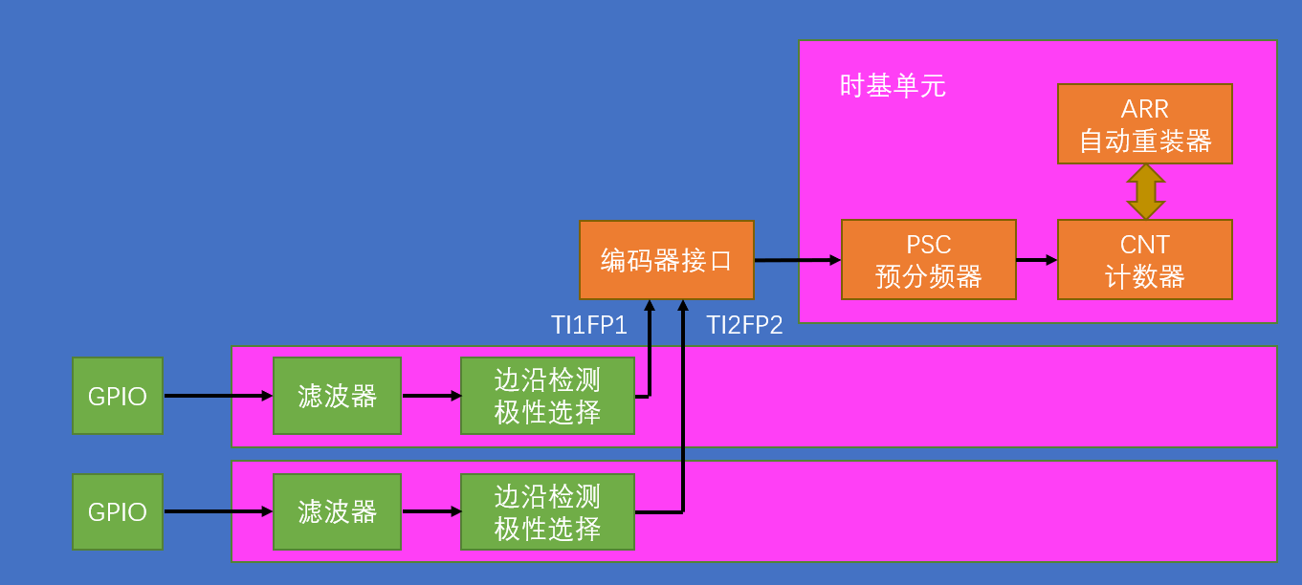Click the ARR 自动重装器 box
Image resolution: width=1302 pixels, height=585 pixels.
coord(1144,124)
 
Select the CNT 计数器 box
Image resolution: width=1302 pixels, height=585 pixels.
coord(1144,260)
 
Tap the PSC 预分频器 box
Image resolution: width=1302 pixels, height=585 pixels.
coord(928,260)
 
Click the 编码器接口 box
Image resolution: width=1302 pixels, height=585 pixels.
coord(666,260)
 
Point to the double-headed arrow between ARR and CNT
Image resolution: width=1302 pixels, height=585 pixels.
coord(1145,191)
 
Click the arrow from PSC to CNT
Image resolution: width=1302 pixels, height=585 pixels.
coord(1036,259)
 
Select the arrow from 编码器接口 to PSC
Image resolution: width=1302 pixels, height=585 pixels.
coord(797,259)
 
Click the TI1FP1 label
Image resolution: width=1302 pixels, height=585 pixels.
coord(589,326)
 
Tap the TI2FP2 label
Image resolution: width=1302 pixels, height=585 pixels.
coord(744,326)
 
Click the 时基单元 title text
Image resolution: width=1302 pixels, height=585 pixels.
coord(893,87)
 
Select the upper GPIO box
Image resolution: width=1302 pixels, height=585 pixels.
coord(118,396)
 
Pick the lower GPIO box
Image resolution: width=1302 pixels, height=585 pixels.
coord(118,512)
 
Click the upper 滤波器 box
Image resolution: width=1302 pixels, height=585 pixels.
coord(337,396)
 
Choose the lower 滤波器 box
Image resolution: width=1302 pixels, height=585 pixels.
coord(337,512)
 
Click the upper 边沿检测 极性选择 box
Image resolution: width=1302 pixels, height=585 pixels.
coord(547,396)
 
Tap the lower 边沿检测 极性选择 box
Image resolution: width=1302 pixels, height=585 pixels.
coord(547,512)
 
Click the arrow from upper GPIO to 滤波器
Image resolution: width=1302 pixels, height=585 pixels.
coord(218,395)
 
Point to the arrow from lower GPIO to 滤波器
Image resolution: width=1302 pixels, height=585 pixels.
coord(218,511)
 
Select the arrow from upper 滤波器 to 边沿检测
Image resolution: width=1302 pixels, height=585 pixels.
coord(430,395)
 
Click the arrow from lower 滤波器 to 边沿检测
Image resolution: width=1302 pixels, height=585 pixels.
coord(430,511)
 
